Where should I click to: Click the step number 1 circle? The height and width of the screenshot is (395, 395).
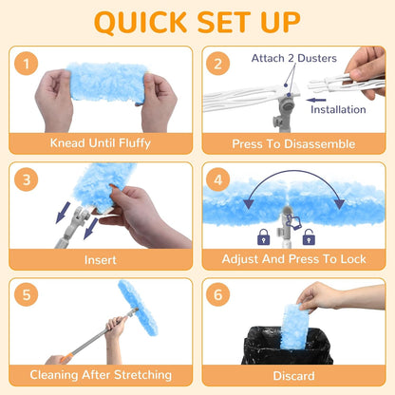[27, 64]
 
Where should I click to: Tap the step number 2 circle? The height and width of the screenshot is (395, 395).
[217, 64]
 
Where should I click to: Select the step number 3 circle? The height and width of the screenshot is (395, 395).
[27, 179]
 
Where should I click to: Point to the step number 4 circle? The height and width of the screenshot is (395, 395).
[217, 179]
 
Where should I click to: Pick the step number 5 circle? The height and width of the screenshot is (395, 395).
[27, 294]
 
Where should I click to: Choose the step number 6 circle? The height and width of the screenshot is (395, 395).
[217, 294]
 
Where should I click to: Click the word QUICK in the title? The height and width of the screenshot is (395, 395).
[141, 22]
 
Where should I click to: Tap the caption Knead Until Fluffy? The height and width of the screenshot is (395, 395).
[101, 143]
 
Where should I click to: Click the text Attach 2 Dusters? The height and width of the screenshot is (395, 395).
[294, 58]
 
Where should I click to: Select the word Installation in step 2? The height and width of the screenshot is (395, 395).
[338, 109]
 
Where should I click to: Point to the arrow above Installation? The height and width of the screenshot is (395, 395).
[316, 100]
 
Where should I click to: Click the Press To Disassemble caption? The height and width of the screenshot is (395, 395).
[293, 144]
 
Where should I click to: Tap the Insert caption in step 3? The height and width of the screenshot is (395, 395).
[101, 260]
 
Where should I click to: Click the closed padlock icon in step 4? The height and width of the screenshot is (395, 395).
[264, 237]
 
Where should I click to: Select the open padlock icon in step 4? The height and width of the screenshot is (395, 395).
[309, 237]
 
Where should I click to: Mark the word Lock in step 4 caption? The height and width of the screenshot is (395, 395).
[353, 259]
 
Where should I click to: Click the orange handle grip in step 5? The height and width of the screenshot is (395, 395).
[66, 358]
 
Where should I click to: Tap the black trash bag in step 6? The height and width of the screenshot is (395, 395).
[288, 346]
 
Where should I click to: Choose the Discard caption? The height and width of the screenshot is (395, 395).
[293, 376]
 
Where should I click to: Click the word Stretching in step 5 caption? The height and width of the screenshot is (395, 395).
[142, 375]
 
